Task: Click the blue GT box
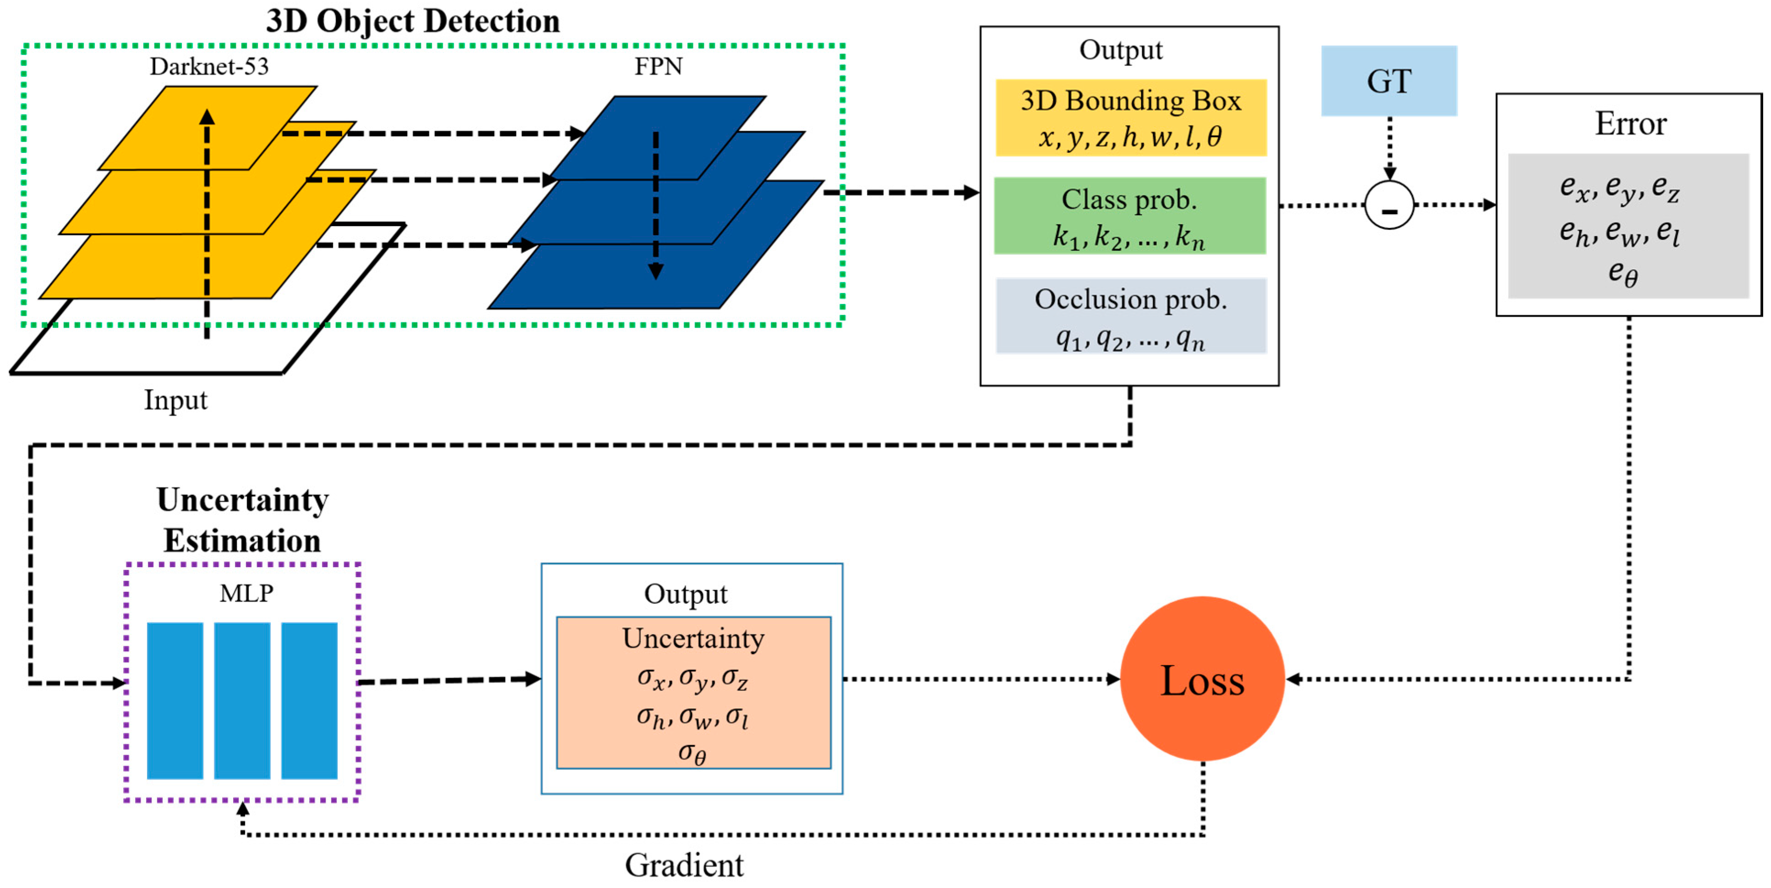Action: (1388, 81)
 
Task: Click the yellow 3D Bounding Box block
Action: (1130, 118)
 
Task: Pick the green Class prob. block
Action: (1129, 216)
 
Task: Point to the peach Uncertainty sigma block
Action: (693, 693)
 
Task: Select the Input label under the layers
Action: (175, 400)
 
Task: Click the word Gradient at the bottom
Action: (684, 865)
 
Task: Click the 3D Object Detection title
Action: (413, 21)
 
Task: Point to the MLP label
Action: (246, 592)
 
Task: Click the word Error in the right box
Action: (1630, 124)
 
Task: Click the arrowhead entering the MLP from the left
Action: (120, 683)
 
